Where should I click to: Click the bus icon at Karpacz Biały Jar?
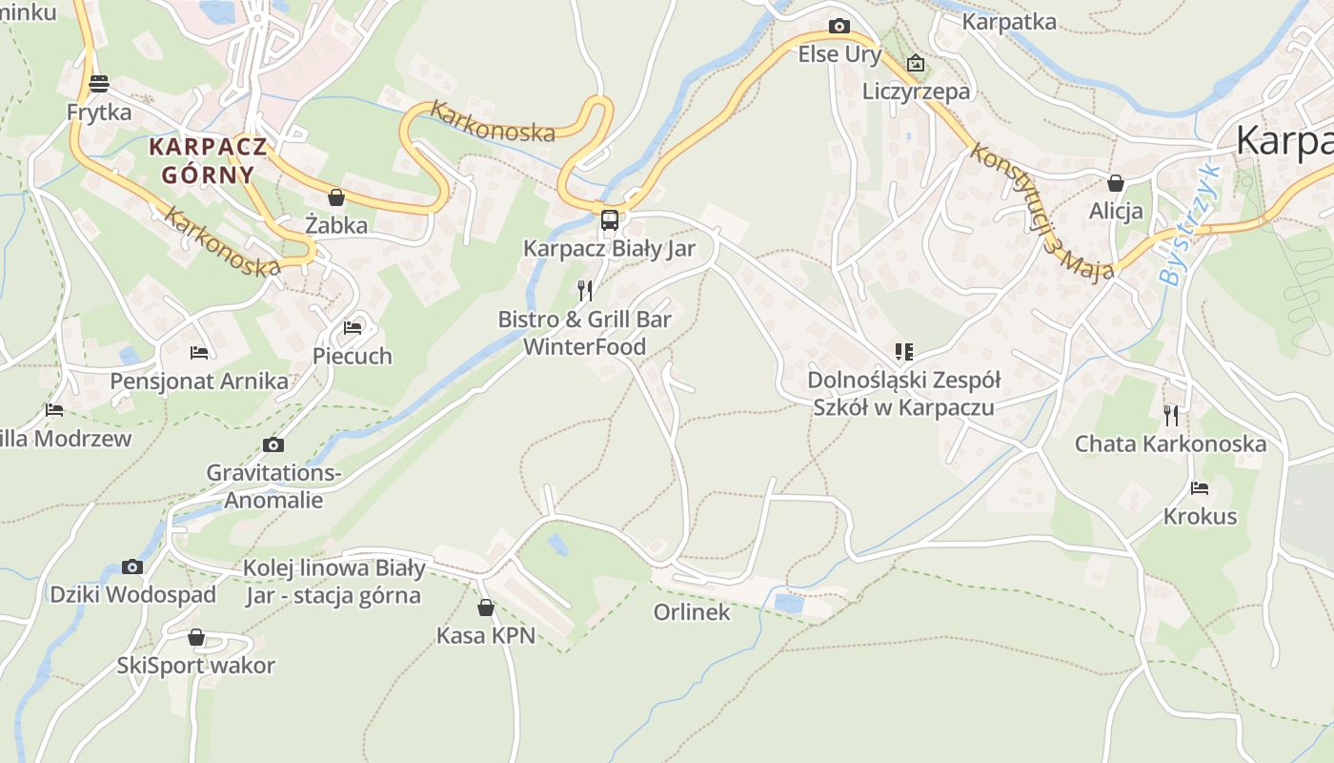pos(610,220)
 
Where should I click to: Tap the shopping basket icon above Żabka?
pos(335,197)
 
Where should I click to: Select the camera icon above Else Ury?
pos(839,26)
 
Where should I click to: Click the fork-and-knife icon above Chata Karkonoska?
pos(1170,415)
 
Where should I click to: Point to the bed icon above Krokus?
pos(1200,488)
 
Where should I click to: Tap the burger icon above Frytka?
pos(99,84)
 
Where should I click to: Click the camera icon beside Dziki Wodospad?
pos(132,567)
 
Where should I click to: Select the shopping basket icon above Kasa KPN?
pos(486,608)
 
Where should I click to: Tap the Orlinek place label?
pos(692,612)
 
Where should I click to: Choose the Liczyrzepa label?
pos(916,92)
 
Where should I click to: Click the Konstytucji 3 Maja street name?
pos(1041,213)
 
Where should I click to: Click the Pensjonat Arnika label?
pos(199,381)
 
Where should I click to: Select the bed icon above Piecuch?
pos(353,328)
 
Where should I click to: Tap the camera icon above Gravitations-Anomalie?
pos(273,445)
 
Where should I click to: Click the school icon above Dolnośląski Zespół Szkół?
pos(903,352)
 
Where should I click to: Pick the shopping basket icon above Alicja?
pos(1116,183)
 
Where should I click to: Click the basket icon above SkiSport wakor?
pos(196,637)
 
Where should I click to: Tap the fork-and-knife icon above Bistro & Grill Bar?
pos(585,290)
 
